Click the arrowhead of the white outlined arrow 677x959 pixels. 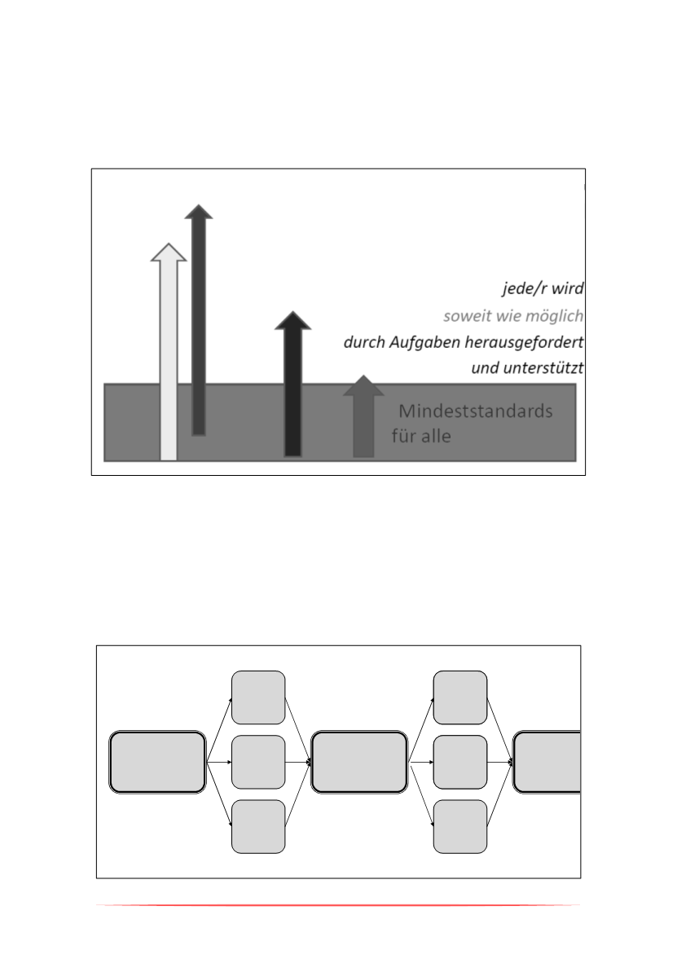[x=169, y=253]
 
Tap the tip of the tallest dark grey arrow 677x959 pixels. [x=199, y=205]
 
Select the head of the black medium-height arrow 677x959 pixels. [x=293, y=320]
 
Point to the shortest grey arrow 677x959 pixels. [x=364, y=416]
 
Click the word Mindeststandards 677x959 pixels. [x=476, y=411]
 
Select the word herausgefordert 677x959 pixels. [x=524, y=342]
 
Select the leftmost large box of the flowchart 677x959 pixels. [x=157, y=762]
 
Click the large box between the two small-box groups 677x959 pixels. [x=359, y=762]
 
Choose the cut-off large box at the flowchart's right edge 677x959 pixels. [x=547, y=762]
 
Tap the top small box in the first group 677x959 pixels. [x=258, y=697]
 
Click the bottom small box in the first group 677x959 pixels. [x=258, y=826]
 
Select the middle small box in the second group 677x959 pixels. [x=460, y=762]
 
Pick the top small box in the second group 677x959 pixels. [x=460, y=697]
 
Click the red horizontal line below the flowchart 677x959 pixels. [x=338, y=904]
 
